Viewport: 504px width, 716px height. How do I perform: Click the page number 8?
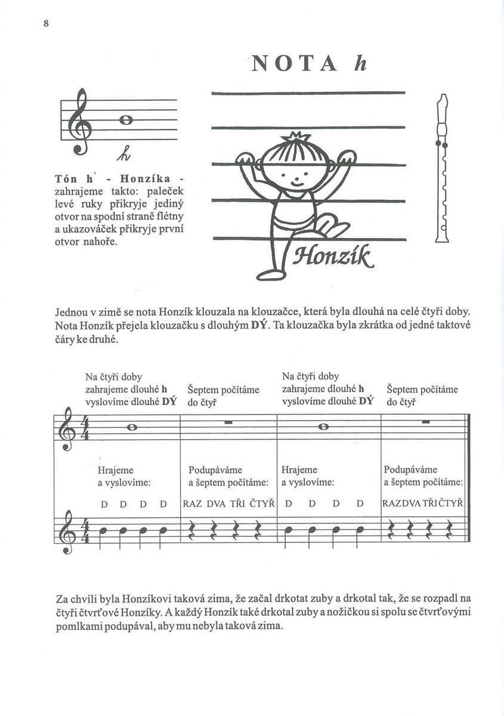click(45, 23)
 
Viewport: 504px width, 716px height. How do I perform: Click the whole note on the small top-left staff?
click(125, 119)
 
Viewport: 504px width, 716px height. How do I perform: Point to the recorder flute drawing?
click(442, 168)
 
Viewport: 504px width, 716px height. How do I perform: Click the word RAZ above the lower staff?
click(193, 504)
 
